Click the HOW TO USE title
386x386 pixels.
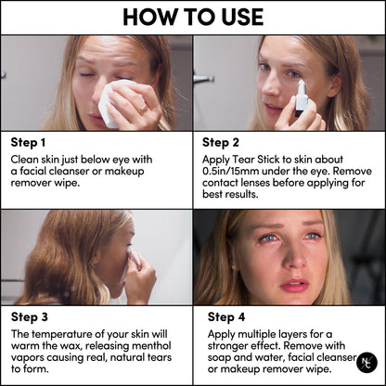(x=193, y=18)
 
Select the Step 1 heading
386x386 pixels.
(x=29, y=144)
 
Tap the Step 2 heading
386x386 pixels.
(x=222, y=144)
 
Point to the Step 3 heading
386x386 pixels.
(x=29, y=315)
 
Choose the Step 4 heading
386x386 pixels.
(x=223, y=315)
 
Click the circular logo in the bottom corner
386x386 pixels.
(x=367, y=363)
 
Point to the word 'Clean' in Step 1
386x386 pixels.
(x=26, y=159)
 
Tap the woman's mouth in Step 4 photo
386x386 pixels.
(x=295, y=285)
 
